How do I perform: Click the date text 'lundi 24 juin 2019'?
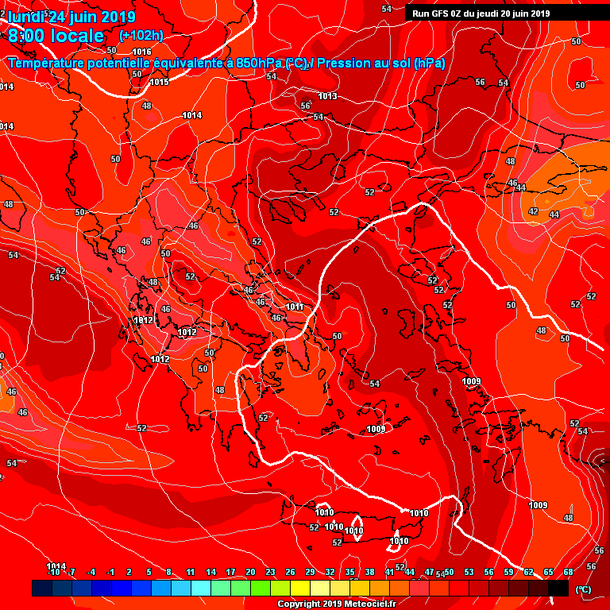pyautogui.click(x=71, y=17)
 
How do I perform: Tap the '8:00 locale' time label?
pyautogui.click(x=56, y=36)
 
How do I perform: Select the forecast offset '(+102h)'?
pyautogui.click(x=141, y=36)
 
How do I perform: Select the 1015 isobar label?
pyautogui.click(x=159, y=82)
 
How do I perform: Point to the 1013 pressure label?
pyautogui.click(x=327, y=97)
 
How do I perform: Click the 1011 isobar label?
pyautogui.click(x=295, y=307)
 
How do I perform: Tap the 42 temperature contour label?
pyautogui.click(x=533, y=212)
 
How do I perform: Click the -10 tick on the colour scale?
pyautogui.click(x=53, y=572)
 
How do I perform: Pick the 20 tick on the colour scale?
pyautogui.click(x=250, y=572)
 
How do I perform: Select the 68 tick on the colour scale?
pyautogui.click(x=568, y=572)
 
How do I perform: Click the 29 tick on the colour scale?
pyautogui.click(x=310, y=572)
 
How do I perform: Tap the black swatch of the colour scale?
pyautogui.click(x=558, y=588)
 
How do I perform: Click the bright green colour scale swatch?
pyautogui.click(x=261, y=588)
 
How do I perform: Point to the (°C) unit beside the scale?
pyautogui.click(x=582, y=589)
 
